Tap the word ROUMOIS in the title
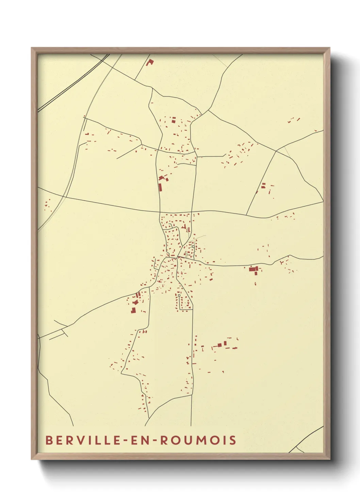point(198,440)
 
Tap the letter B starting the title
point(49,440)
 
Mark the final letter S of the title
point(233,440)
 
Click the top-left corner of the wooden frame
point(32,48)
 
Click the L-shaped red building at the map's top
point(149,63)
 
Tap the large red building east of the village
point(252,269)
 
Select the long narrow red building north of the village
point(160,187)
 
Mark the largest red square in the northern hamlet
point(173,121)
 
